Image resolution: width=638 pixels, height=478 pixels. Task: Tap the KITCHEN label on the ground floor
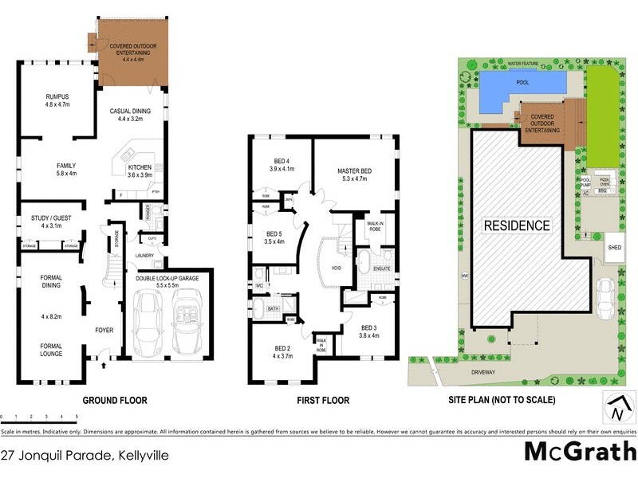[x=139, y=168]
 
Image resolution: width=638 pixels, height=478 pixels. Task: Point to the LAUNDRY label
[x=144, y=255]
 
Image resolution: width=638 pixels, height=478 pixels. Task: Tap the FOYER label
[x=104, y=330]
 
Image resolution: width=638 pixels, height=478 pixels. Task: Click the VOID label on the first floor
[x=337, y=268]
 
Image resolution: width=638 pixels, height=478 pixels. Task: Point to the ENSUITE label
[x=382, y=269]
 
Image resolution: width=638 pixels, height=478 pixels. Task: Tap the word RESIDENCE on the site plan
[x=517, y=225]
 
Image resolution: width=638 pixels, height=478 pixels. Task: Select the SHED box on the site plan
[x=613, y=247]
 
